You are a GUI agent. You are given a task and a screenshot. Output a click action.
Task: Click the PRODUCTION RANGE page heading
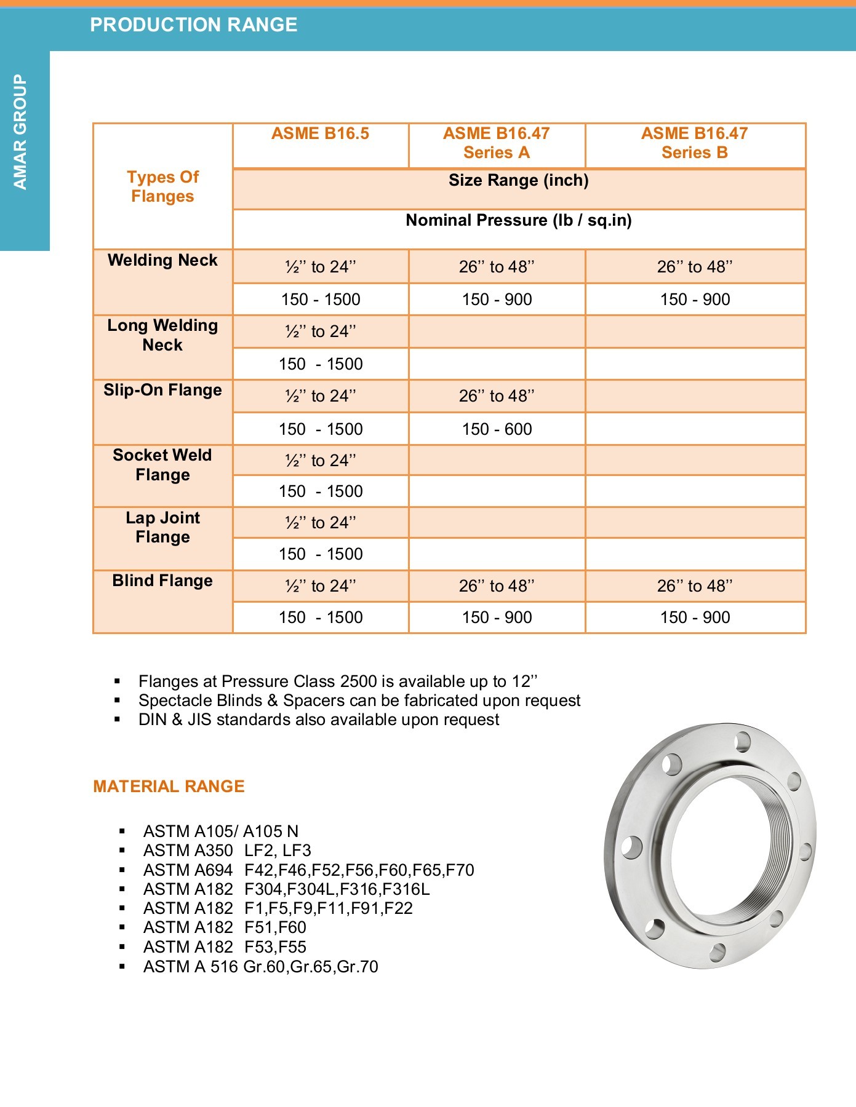click(193, 25)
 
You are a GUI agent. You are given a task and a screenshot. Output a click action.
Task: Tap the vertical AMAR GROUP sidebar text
click(21, 132)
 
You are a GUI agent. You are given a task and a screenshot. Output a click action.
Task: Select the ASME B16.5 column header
click(320, 134)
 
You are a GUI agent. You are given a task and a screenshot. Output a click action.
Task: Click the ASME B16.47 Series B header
click(694, 143)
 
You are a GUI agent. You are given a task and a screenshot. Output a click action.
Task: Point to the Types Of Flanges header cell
click(162, 186)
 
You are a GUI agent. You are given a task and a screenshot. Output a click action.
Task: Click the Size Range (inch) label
click(518, 181)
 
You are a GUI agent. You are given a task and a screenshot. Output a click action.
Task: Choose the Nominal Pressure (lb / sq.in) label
click(518, 221)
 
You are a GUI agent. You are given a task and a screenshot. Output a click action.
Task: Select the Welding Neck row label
click(162, 261)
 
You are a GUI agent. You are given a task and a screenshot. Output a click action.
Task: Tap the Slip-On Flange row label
click(162, 391)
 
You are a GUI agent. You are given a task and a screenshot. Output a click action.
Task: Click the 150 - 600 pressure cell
click(497, 429)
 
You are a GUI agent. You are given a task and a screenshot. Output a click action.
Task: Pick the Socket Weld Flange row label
click(162, 465)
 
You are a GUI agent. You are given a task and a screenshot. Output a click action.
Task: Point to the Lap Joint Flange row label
click(162, 528)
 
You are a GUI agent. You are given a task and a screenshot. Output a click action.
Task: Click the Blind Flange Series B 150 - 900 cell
click(695, 617)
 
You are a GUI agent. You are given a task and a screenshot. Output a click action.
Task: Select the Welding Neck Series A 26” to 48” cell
click(497, 267)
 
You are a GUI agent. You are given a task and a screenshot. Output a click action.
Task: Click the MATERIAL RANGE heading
click(169, 787)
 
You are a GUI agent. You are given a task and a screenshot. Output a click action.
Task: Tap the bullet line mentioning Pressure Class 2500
click(337, 681)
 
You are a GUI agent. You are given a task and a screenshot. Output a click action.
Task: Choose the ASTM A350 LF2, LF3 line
click(227, 851)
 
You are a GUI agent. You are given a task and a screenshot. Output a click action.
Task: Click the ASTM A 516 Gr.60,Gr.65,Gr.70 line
click(260, 967)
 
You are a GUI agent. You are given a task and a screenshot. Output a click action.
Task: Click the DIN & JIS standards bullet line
click(318, 720)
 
